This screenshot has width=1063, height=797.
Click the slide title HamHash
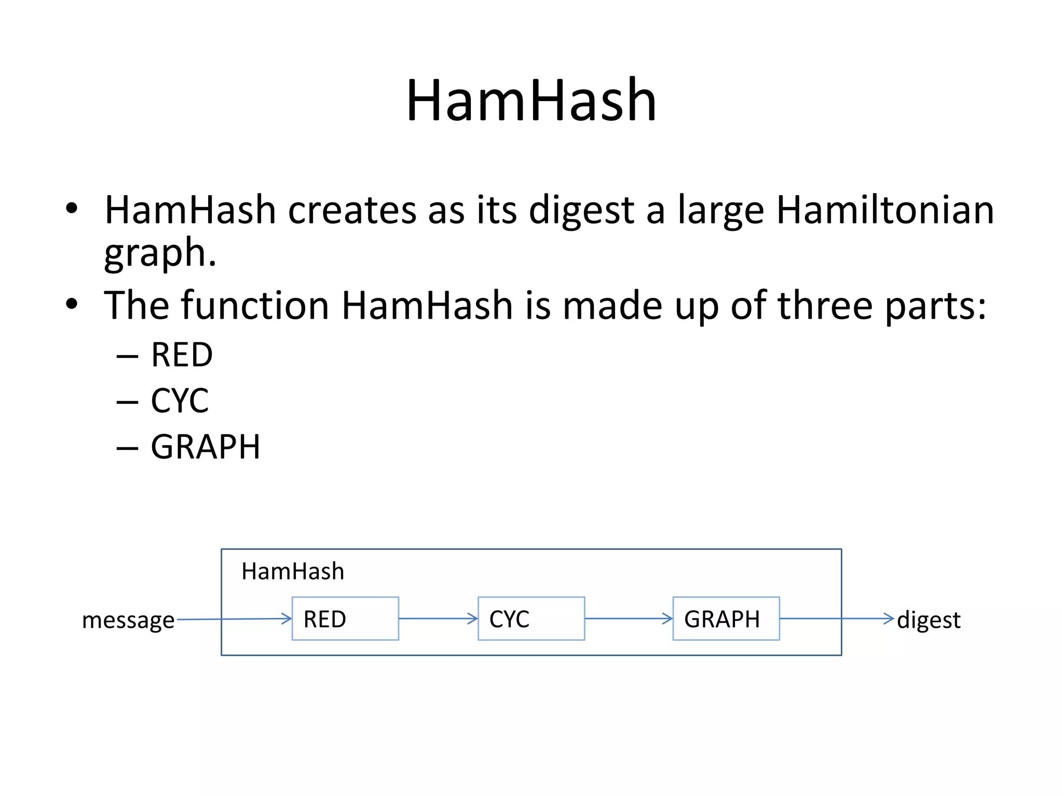pos(531,100)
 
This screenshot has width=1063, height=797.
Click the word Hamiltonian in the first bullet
pos(884,210)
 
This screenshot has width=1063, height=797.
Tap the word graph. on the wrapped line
pos(160,253)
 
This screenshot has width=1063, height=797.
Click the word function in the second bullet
pos(254,305)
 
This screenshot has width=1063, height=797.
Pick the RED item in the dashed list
pos(182,355)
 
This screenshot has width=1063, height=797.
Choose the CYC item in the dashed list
pos(180,401)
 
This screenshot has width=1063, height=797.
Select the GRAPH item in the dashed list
pos(206,447)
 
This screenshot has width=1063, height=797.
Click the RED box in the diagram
pos(345,619)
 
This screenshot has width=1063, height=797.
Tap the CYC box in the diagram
pos(531,619)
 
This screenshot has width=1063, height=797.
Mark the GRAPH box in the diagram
pos(726,619)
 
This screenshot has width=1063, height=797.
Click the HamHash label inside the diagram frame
pos(293,571)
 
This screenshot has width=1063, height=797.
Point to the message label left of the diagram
pos(128,620)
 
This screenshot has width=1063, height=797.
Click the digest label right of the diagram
pos(929,620)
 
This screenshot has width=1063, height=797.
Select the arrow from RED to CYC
pos(438,619)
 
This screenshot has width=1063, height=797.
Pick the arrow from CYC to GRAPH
pos(629,619)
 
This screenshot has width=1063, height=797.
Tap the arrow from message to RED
pos(234,619)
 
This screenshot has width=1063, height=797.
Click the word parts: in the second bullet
pos(935,305)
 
